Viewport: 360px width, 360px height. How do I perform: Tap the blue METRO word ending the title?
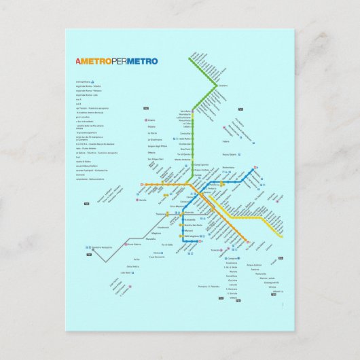[144, 61]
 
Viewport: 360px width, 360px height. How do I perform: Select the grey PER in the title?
[120, 61]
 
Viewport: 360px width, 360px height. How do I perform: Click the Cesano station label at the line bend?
[222, 86]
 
